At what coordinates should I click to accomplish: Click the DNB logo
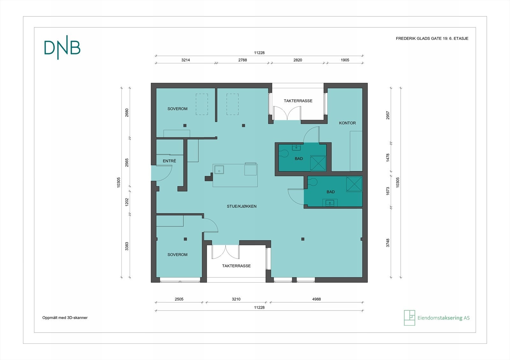click(62, 47)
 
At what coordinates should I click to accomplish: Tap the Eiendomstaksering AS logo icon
click(409, 318)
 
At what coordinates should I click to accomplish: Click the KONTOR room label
click(347, 123)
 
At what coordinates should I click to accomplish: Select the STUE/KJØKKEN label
click(242, 206)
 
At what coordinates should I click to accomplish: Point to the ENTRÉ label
click(169, 161)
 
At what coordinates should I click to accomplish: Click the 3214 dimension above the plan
click(186, 60)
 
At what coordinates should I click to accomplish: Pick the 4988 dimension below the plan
click(317, 299)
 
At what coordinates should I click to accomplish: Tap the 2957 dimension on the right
click(388, 115)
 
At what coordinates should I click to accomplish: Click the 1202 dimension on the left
click(127, 202)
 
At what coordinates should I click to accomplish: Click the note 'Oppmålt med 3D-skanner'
click(65, 318)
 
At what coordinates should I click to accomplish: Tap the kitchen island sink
click(219, 170)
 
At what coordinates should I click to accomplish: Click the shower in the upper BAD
click(318, 163)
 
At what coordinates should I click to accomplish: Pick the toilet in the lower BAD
click(312, 182)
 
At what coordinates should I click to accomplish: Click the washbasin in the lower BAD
click(330, 202)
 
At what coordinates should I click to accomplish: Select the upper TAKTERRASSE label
click(298, 101)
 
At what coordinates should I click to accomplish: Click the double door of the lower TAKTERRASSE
click(225, 252)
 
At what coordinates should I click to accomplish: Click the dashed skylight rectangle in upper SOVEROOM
click(202, 104)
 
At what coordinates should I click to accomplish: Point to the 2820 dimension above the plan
click(298, 60)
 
